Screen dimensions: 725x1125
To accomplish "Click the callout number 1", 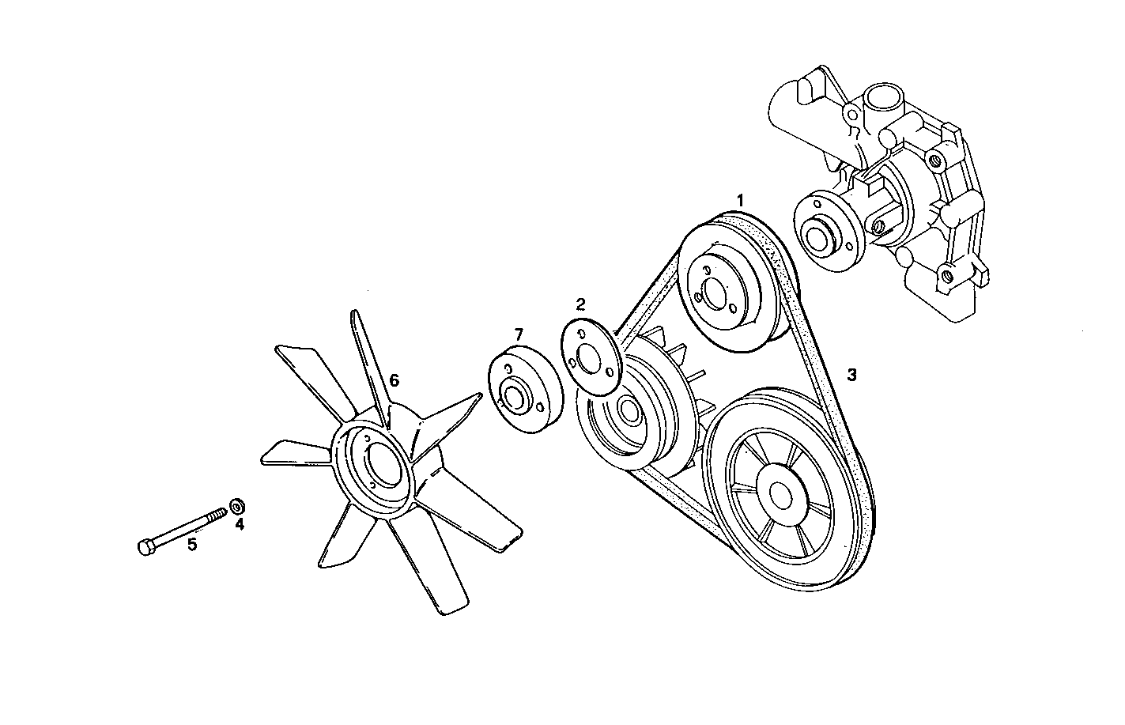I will (740, 200).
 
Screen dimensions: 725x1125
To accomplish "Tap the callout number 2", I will (580, 304).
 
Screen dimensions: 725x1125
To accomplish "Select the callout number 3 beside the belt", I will (851, 375).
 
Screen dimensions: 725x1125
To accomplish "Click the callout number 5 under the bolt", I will (191, 544).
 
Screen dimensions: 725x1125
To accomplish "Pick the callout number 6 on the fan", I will (393, 380).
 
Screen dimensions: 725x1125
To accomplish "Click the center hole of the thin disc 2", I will (587, 358).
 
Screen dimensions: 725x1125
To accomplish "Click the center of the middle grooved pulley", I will (629, 409).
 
